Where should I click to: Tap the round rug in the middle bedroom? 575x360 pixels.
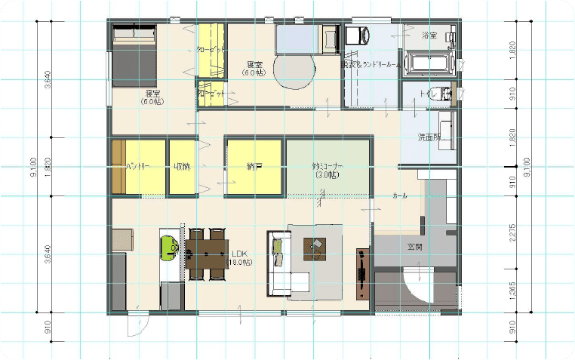click(294, 71)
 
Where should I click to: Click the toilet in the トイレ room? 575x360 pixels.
click(447, 94)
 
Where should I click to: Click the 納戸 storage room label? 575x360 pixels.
click(254, 166)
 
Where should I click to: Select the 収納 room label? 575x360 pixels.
click(181, 166)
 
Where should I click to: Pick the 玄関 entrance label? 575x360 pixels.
click(415, 247)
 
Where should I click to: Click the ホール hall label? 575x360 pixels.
click(399, 195)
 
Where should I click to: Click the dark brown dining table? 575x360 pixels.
click(207, 254)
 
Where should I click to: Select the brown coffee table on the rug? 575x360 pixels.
click(315, 247)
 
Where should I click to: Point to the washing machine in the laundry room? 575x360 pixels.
click(357, 35)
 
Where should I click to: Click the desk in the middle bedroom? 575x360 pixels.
click(329, 37)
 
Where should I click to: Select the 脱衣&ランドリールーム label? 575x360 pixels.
click(371, 66)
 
